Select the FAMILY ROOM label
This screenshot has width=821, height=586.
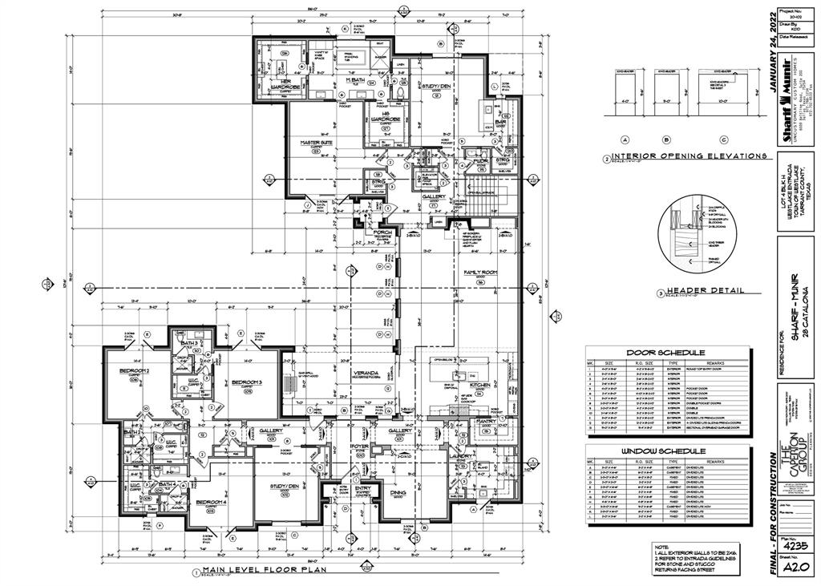tap(482, 273)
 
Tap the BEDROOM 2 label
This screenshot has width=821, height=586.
tap(135, 370)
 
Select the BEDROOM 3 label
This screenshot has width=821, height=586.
tap(248, 382)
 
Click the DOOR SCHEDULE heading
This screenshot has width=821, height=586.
tap(666, 352)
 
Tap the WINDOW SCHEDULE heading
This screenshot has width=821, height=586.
tap(666, 451)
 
